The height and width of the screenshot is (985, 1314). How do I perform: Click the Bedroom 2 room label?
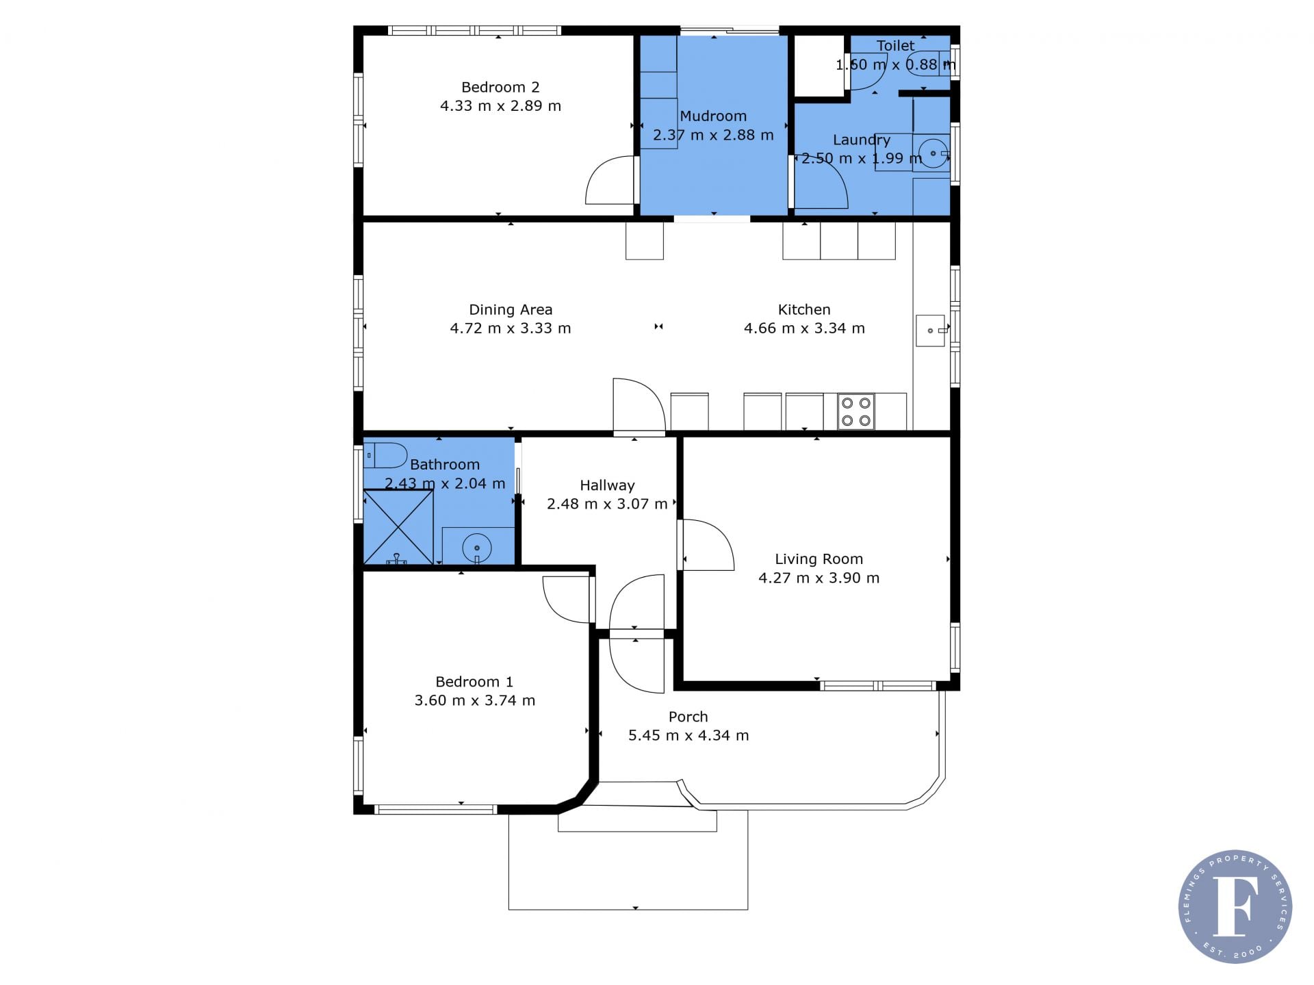[x=500, y=88]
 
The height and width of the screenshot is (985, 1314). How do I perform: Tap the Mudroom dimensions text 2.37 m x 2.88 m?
[x=713, y=135]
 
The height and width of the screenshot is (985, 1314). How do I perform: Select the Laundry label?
[x=862, y=140]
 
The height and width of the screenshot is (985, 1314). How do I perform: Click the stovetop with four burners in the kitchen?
[x=855, y=411]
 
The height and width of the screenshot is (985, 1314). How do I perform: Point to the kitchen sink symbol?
[x=931, y=331]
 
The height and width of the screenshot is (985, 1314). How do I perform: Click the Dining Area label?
[x=511, y=310]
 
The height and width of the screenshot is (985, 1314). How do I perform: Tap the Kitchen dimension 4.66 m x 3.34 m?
[x=804, y=329]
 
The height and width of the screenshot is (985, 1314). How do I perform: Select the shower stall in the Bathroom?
[x=398, y=526]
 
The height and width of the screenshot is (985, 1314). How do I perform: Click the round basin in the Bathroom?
[x=477, y=548]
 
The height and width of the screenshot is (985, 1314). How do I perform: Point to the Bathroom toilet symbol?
[x=385, y=455]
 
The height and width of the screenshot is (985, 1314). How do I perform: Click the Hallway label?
[x=607, y=485]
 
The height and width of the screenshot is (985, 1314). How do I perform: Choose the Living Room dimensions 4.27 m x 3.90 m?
[x=819, y=578]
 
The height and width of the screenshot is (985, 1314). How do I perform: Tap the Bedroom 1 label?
[x=474, y=682]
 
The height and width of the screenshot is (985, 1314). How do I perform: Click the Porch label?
[x=688, y=717]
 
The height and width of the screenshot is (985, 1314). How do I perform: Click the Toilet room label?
[x=895, y=46]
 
